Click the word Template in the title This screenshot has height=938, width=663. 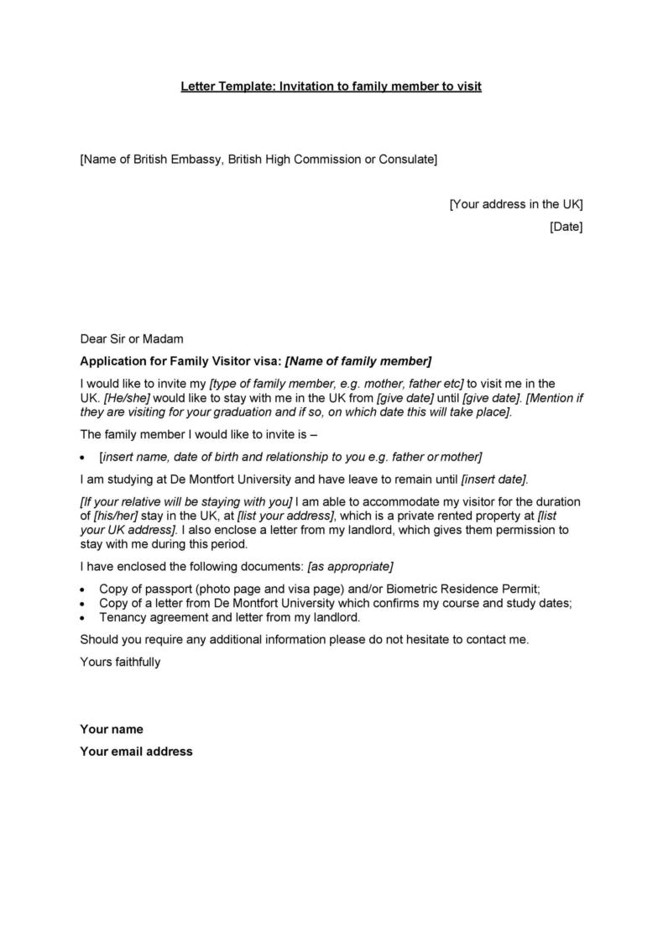(241, 86)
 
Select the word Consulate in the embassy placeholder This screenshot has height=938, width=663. (406, 159)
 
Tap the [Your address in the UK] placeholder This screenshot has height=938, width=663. (515, 204)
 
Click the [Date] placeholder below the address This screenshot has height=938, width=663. (566, 227)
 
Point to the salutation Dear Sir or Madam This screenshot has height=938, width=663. (131, 339)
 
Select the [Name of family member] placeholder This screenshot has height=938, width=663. (358, 362)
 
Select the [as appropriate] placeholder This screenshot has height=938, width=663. (351, 566)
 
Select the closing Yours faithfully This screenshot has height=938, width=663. (120, 662)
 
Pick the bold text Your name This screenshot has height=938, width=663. (112, 729)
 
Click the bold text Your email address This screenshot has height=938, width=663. (136, 752)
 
